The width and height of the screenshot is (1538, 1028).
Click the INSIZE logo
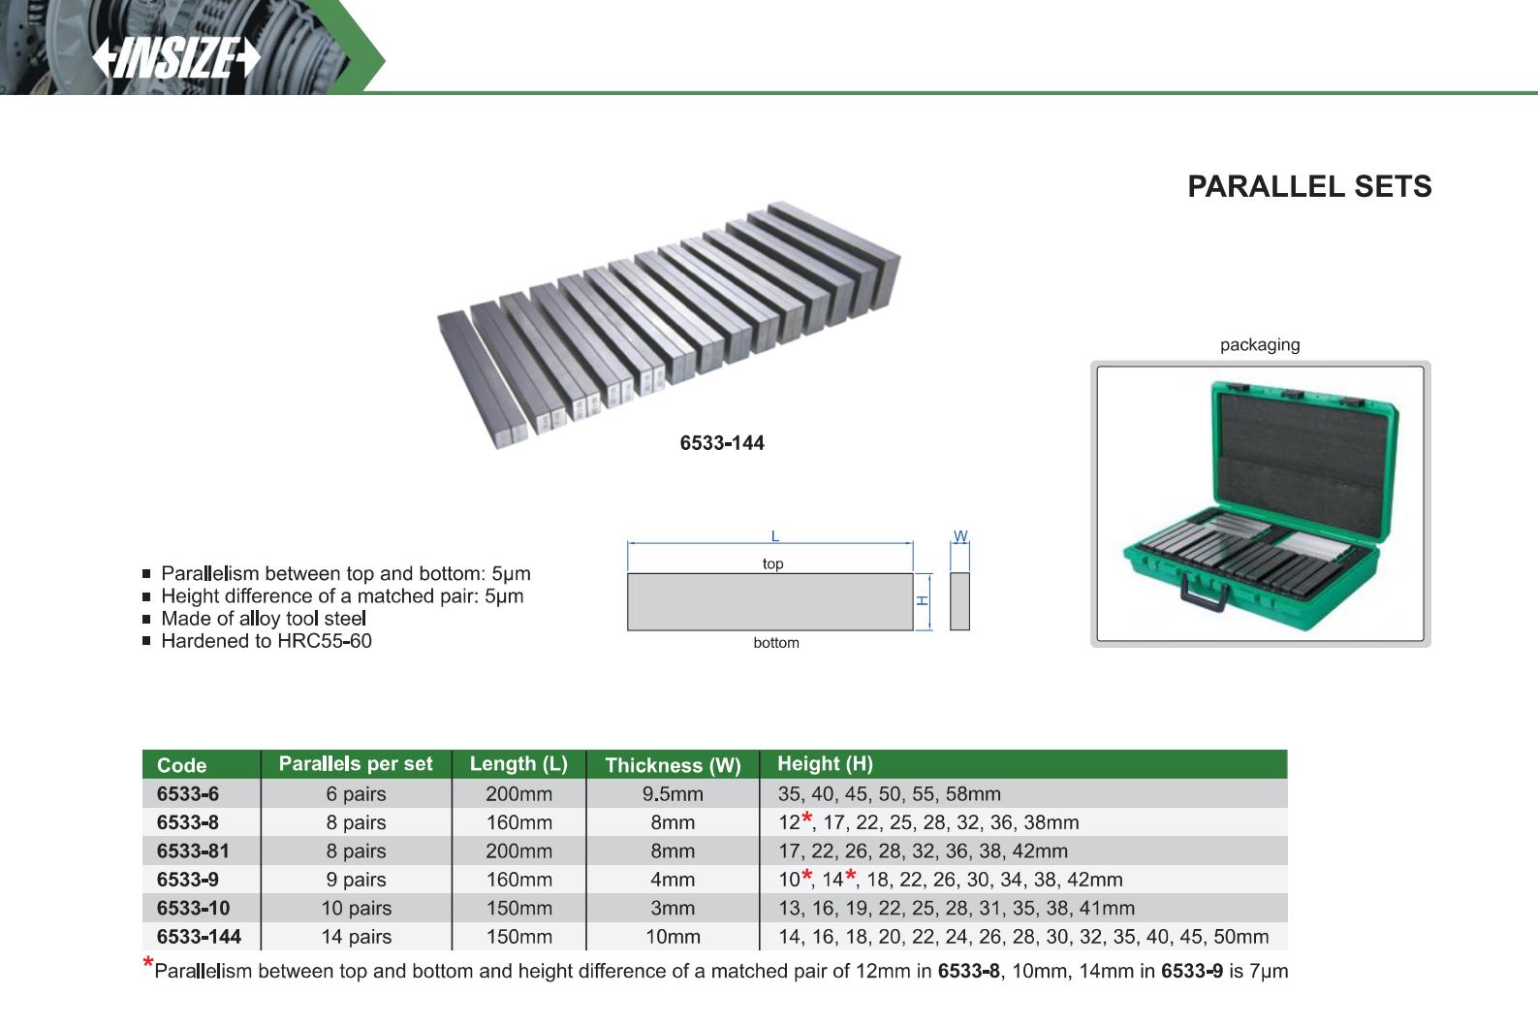(176, 59)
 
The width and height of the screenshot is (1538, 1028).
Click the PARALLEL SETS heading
(1308, 186)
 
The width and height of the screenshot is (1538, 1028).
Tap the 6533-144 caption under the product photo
(721, 443)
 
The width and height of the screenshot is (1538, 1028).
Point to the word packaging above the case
(1259, 344)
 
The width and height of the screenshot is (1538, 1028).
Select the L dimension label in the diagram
(774, 536)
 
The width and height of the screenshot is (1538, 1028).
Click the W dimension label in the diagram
(959, 536)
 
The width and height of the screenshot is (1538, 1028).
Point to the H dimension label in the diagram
(923, 600)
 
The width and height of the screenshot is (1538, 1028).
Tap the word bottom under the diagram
(775, 643)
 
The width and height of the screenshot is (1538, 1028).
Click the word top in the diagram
(772, 563)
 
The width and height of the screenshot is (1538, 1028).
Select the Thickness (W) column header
(673, 765)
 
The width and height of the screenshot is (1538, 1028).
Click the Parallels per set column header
(356, 764)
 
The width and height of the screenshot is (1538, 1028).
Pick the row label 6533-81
(193, 851)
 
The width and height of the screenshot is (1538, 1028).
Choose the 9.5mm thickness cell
(673, 794)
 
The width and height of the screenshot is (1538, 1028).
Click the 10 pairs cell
(356, 909)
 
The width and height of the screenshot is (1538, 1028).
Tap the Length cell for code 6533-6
(518, 794)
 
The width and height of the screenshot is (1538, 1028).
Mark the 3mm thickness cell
(673, 909)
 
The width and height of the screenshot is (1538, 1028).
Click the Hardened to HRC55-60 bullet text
(266, 641)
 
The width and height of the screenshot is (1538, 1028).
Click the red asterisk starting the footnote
(147, 964)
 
